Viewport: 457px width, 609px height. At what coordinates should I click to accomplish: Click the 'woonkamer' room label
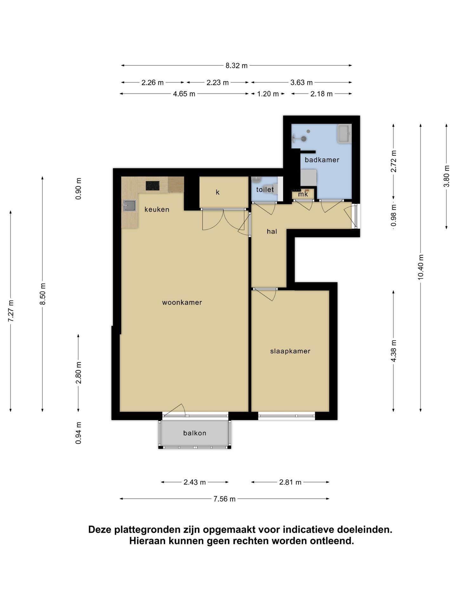point(182,302)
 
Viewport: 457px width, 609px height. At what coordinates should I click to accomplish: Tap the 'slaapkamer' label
point(290,351)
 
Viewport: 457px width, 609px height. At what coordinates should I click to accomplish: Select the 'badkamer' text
point(322,160)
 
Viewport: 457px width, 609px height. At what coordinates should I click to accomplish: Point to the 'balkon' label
point(195,433)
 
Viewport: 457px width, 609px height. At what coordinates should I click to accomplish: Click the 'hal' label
point(272,232)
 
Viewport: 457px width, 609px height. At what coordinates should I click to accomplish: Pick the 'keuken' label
point(157,209)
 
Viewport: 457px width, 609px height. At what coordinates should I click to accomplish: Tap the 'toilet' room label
point(265,189)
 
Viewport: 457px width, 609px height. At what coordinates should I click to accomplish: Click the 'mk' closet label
point(303,194)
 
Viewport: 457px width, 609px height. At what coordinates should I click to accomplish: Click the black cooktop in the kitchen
point(153,186)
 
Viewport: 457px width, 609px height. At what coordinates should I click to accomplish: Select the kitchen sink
point(129,206)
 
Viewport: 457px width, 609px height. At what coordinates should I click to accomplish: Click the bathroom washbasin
point(344,134)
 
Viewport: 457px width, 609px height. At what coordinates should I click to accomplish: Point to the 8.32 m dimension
point(236,66)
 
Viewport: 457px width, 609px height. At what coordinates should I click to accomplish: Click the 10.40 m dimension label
point(421,267)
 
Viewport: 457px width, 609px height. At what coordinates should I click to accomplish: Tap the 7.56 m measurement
point(224,499)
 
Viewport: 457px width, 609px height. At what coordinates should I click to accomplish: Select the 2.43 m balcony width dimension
point(195,482)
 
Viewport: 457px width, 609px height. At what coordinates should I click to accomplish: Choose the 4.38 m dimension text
point(394,351)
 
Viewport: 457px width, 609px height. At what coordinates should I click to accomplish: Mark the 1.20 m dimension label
point(268,94)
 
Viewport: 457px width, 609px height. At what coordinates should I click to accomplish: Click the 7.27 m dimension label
point(11,311)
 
